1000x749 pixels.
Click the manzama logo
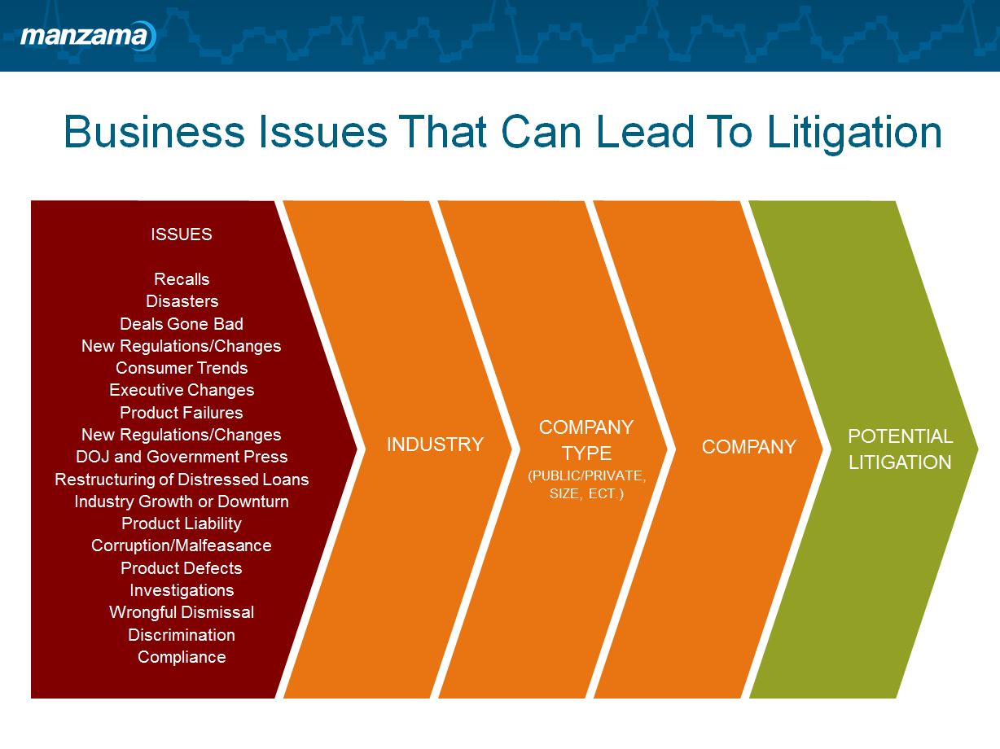click(x=86, y=36)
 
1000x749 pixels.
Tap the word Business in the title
click(x=155, y=133)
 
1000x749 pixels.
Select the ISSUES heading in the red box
click(x=182, y=234)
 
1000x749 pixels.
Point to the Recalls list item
click(x=182, y=279)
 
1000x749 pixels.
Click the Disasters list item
click(x=182, y=301)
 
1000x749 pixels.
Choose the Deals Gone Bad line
click(x=182, y=323)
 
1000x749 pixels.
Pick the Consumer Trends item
click(x=182, y=368)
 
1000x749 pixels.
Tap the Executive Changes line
click(x=182, y=390)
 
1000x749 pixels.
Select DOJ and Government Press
click(x=182, y=457)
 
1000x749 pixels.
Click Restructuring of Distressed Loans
click(x=182, y=479)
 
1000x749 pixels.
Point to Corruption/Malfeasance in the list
click(x=182, y=545)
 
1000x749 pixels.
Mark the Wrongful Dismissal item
click(x=182, y=612)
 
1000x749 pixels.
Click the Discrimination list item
click(x=182, y=634)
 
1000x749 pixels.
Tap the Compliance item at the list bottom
click(x=182, y=657)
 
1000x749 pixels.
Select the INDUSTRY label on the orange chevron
click(x=435, y=445)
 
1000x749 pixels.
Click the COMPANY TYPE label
click(x=586, y=440)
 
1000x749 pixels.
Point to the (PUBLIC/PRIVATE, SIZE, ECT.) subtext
click(x=586, y=484)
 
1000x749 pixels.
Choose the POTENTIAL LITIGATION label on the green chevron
click(x=900, y=449)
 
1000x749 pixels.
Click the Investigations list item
click(x=182, y=590)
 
